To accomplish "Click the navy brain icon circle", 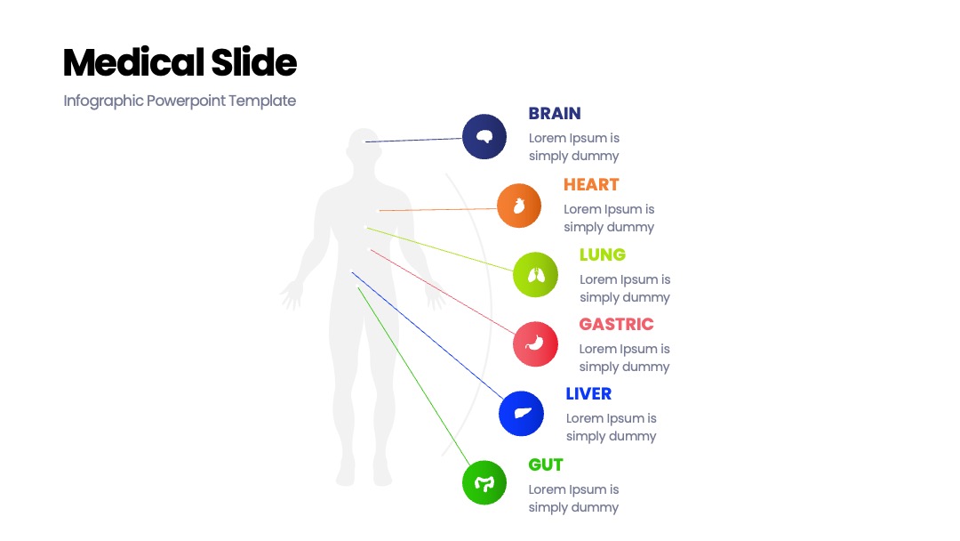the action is (484, 137).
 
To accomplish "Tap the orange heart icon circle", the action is (519, 206).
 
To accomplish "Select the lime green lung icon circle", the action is (536, 274).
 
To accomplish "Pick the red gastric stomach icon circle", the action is (536, 343).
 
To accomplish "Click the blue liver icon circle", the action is (521, 414).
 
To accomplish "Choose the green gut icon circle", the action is (484, 483).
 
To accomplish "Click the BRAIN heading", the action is (555, 113).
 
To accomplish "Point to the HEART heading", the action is (591, 184).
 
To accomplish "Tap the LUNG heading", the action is (603, 254).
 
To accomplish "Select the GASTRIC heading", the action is (617, 324).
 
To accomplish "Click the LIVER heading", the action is (588, 393).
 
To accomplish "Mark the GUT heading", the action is (546, 464).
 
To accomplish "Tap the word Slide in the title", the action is (254, 62).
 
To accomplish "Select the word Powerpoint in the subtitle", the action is (186, 101).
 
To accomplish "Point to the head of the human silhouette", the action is (364, 147).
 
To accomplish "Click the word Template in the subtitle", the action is (262, 101).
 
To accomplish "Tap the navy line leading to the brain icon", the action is (414, 141).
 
